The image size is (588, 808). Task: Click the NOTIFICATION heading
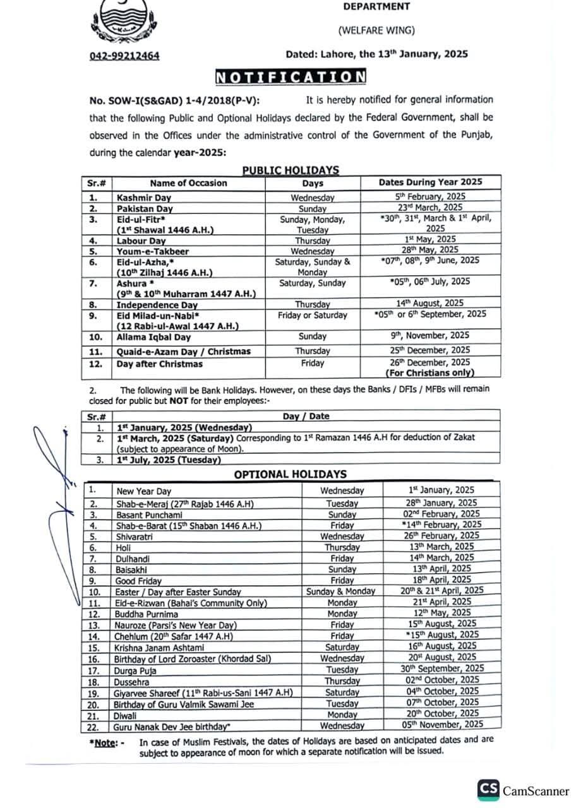(x=291, y=77)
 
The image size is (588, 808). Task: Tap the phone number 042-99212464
(x=124, y=56)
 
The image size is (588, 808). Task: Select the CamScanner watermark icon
(x=488, y=790)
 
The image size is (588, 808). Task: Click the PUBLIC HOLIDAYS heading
(x=291, y=170)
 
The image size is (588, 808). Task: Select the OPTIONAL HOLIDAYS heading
(x=290, y=474)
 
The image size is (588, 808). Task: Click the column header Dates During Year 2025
(x=430, y=182)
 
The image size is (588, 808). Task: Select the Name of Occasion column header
(x=188, y=183)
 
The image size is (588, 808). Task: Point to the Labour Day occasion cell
(x=141, y=241)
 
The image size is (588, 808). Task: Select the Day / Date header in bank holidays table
(x=306, y=417)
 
